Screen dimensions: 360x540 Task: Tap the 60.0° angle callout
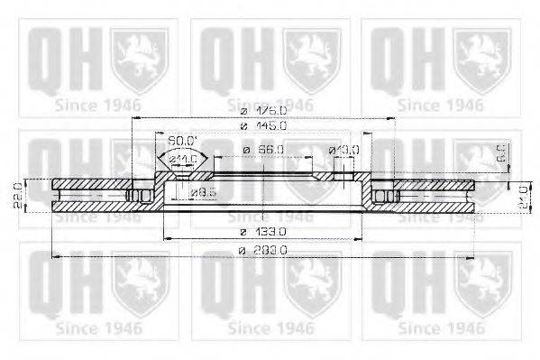point(183,140)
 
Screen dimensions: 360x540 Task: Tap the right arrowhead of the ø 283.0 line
point(474,257)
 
